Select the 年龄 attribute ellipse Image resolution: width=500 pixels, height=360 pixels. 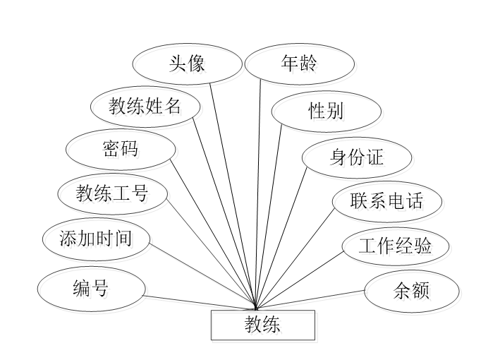(298, 64)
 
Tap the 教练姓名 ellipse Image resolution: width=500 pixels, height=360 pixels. (145, 107)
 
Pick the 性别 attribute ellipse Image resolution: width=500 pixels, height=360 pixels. (326, 111)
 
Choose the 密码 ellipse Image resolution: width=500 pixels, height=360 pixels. (121, 149)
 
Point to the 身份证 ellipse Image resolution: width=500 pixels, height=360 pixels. (357, 157)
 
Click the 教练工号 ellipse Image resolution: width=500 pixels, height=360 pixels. (112, 192)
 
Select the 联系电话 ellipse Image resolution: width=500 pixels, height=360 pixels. (387, 201)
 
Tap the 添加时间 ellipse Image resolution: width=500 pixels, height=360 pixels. (96, 237)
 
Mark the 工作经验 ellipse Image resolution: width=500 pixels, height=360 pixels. (395, 246)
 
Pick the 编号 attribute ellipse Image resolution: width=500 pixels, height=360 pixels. (91, 288)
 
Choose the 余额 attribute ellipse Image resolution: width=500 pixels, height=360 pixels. (411, 291)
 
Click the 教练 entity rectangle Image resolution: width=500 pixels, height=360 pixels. (262, 325)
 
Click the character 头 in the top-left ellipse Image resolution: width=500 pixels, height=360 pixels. (177, 64)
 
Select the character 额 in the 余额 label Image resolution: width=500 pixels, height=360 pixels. (420, 291)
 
